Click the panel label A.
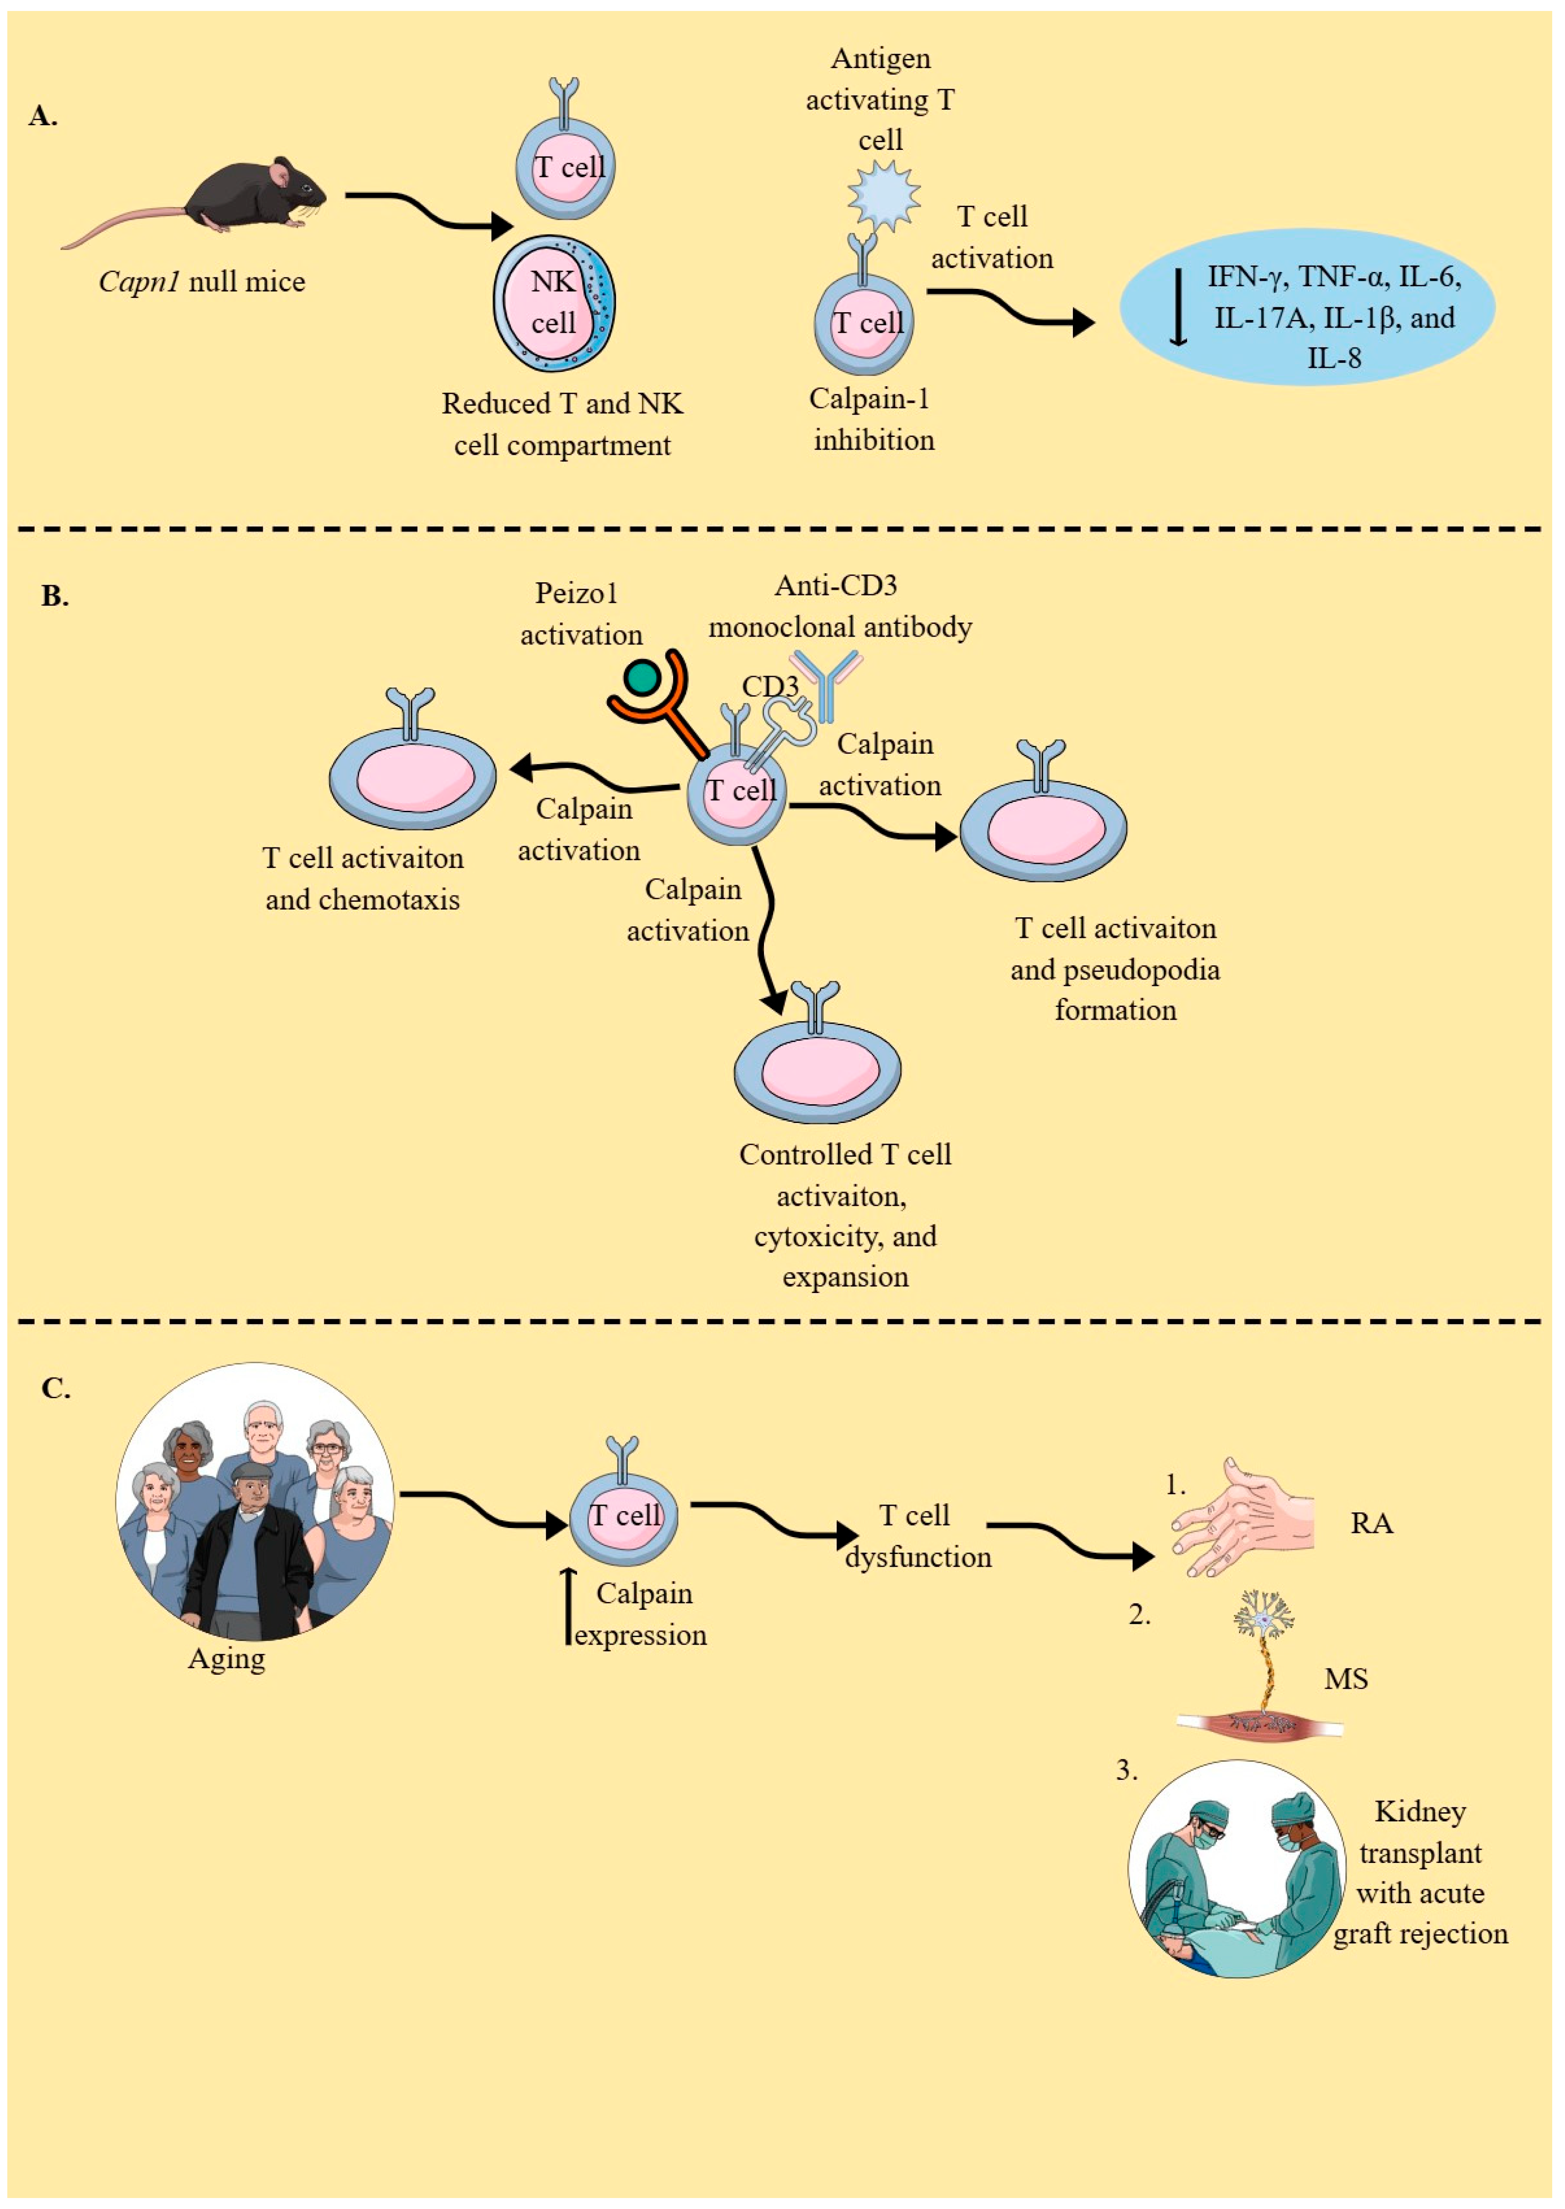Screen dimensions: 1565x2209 tap(43, 117)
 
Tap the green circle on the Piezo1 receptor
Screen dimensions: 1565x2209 tap(642, 677)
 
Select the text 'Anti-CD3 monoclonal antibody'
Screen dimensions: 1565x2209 tap(839, 606)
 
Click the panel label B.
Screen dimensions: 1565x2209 tap(55, 596)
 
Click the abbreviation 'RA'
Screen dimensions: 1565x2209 tap(1371, 1524)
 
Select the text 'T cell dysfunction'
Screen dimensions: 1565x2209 tap(918, 1536)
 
